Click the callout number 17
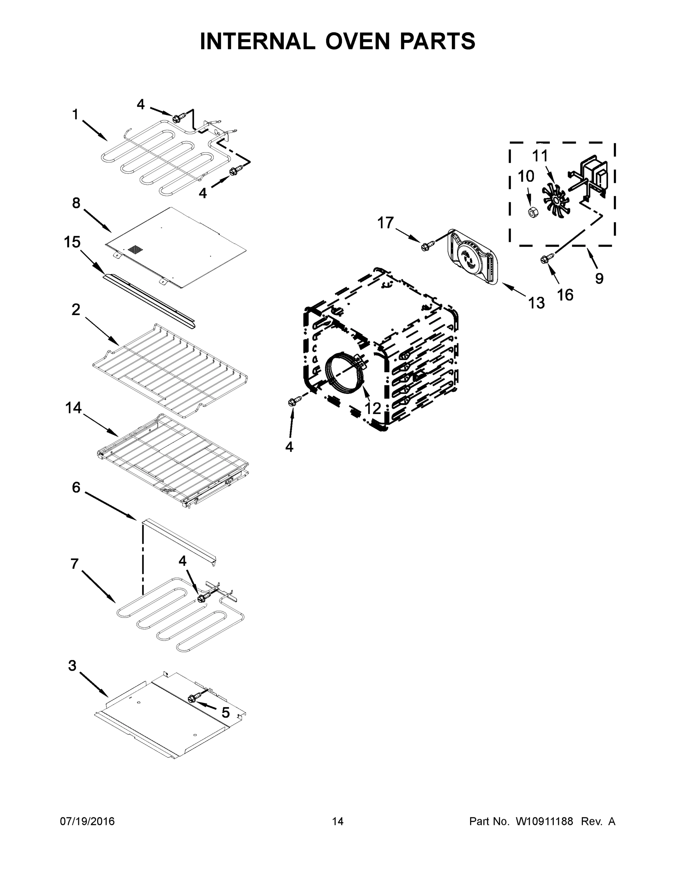pos(385,223)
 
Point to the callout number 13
pos(536,303)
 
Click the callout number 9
pos(599,278)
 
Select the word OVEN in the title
pos(357,41)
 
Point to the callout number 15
pos(72,242)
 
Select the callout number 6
pos(76,487)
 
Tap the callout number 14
pos(74,408)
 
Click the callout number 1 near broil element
pos(75,115)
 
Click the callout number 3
pos(72,666)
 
